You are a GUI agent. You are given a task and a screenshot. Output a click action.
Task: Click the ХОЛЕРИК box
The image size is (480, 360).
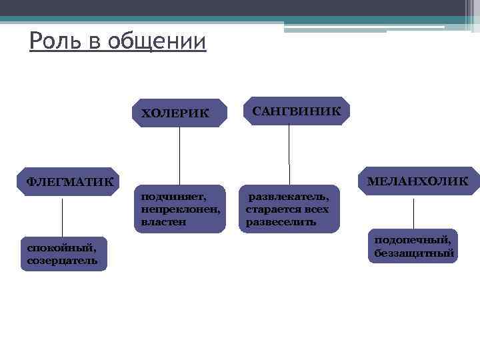179,113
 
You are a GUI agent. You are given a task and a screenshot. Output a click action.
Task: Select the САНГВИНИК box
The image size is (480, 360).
296,111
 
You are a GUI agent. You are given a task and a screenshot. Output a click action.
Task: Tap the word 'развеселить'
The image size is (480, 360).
281,222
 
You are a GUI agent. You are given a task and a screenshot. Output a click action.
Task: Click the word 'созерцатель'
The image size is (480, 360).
62,261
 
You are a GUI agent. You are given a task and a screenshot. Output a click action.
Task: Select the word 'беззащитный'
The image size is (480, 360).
414,253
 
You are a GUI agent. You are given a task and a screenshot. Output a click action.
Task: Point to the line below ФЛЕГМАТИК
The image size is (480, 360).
63,217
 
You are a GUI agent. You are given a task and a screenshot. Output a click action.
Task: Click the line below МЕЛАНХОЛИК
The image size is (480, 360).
414,213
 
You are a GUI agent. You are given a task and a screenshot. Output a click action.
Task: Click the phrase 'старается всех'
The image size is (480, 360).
287,209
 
